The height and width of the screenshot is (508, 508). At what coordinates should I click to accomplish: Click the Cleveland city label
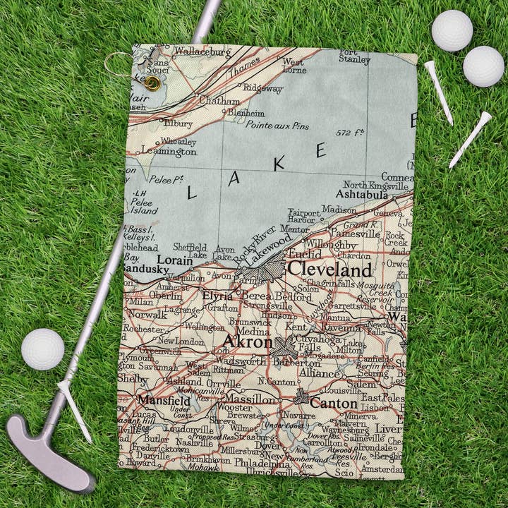[x=329, y=270]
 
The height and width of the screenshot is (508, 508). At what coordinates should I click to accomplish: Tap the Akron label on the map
[x=247, y=342]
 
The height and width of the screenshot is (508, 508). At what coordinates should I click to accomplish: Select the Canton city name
[x=334, y=404]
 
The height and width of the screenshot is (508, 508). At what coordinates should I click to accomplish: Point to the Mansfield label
[x=164, y=400]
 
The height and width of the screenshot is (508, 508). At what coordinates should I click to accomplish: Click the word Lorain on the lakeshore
[x=174, y=260]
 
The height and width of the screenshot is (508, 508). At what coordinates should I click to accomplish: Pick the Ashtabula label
[x=362, y=194]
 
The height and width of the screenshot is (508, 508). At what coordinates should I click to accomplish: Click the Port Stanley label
[x=353, y=56]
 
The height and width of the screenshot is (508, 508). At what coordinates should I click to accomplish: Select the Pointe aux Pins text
[x=277, y=125]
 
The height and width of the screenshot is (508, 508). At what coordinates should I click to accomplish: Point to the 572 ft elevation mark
[x=350, y=133]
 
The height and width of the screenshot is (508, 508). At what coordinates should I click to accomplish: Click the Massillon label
[x=250, y=399]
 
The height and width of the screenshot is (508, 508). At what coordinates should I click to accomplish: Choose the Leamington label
[x=168, y=150]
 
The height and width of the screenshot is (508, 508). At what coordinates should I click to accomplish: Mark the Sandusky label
[x=145, y=269]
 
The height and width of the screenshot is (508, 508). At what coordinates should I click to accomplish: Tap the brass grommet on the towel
[x=152, y=83]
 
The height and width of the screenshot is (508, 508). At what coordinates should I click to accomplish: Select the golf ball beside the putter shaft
[x=42, y=349]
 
